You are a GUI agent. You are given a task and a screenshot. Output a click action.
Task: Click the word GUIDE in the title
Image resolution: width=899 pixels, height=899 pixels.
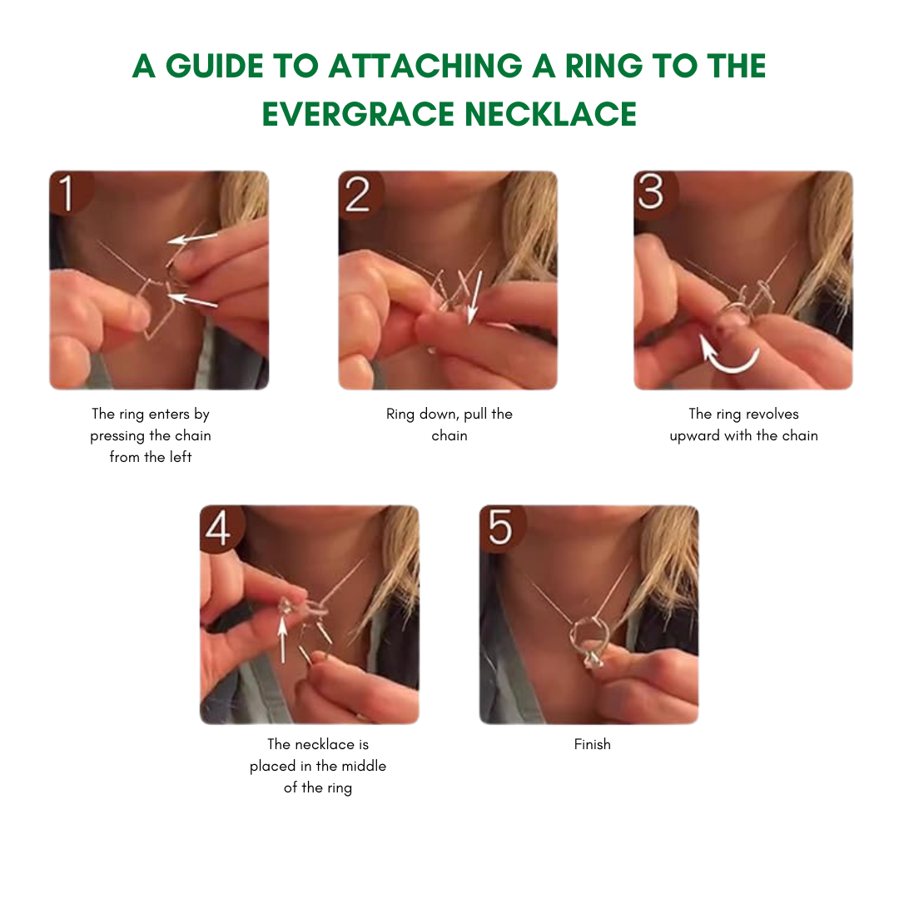click(x=215, y=66)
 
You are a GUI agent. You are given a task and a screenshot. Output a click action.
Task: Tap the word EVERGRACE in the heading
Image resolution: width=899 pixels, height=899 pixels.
click(x=358, y=113)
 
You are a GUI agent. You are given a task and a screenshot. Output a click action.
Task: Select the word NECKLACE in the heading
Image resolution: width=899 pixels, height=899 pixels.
click(x=550, y=113)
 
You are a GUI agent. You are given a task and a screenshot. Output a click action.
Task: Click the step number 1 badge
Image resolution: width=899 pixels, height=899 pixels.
click(x=71, y=192)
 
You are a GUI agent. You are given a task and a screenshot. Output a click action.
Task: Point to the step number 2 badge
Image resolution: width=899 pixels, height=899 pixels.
click(x=360, y=194)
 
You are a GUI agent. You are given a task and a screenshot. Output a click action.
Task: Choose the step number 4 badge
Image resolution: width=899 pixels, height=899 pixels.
click(x=221, y=528)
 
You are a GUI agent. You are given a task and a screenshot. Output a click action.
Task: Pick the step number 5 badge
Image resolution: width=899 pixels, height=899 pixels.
click(x=500, y=528)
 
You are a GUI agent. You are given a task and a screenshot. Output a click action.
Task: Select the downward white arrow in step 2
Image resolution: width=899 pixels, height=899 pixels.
click(x=474, y=298)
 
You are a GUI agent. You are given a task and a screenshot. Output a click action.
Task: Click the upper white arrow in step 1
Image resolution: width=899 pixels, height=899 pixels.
click(x=192, y=238)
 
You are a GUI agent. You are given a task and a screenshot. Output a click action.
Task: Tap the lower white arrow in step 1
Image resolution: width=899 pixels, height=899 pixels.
click(x=193, y=300)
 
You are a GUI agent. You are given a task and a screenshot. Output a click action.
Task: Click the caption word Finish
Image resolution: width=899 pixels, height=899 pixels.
click(x=593, y=744)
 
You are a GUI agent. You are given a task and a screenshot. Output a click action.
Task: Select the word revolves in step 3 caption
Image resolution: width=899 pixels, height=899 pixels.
click(x=772, y=414)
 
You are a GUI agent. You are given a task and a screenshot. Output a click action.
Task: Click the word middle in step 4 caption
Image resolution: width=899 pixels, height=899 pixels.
click(x=362, y=766)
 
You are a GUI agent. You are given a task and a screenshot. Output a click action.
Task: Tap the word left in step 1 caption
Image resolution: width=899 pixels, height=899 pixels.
click(x=181, y=457)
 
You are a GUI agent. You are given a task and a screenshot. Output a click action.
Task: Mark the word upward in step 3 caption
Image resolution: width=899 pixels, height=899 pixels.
click(x=695, y=436)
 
